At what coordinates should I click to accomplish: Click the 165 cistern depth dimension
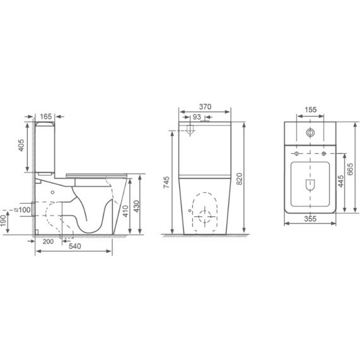point(45,117)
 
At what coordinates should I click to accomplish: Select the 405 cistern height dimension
point(21,145)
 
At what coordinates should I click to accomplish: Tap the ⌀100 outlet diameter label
point(22,209)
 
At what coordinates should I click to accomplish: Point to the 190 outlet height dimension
point(3,221)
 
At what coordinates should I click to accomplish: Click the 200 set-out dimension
point(48,241)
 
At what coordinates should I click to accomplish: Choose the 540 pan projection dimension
point(75,246)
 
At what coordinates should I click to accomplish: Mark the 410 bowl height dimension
point(125,211)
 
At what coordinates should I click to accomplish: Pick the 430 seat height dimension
point(136,206)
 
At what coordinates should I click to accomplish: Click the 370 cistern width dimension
point(205,107)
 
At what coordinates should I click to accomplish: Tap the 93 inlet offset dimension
point(197,117)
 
